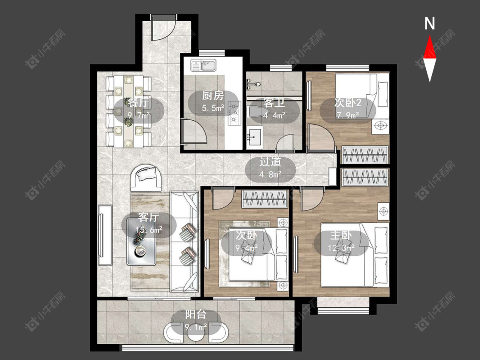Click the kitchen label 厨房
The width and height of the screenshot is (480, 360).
pyautogui.click(x=213, y=96)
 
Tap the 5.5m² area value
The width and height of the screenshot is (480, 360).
pyautogui.click(x=213, y=108)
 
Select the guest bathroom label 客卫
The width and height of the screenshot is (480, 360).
pyautogui.click(x=274, y=103)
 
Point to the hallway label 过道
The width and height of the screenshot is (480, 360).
pyautogui.click(x=271, y=162)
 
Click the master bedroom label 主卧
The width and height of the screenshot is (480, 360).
pyautogui.click(x=341, y=235)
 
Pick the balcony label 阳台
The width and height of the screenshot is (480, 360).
pyautogui.click(x=195, y=314)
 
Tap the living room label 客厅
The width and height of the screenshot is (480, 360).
pyautogui.click(x=148, y=217)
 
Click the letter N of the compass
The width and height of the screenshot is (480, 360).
pyautogui.click(x=430, y=23)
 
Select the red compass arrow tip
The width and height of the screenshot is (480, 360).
pyautogui.click(x=430, y=35)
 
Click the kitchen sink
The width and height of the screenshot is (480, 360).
pyautogui.click(x=204, y=65)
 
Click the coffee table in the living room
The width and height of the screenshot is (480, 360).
pyautogui.click(x=141, y=242)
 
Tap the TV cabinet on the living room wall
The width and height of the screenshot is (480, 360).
pyautogui.click(x=105, y=235)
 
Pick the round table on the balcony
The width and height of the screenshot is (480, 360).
pyautogui.click(x=196, y=334)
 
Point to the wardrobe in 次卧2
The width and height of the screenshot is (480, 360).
pyautogui.click(x=365, y=155)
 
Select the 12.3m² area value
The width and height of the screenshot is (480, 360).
pyautogui.click(x=341, y=248)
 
